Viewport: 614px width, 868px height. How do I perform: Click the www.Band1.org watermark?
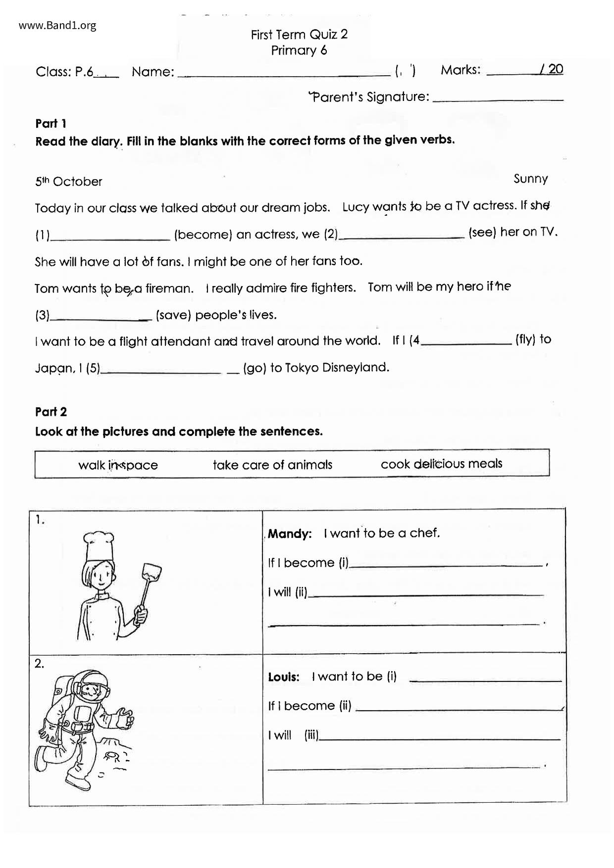(57, 25)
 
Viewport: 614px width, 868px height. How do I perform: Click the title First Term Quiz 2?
(299, 34)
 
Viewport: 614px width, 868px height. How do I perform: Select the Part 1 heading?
(51, 123)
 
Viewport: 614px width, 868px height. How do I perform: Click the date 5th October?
(68, 182)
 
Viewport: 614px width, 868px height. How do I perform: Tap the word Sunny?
(530, 179)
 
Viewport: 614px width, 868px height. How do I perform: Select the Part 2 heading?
(51, 412)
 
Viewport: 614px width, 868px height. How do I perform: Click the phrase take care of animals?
(272, 465)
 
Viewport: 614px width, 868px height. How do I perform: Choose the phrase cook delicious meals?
(441, 464)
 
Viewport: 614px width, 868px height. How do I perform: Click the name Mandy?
(290, 534)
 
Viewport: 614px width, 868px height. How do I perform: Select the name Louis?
(284, 677)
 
